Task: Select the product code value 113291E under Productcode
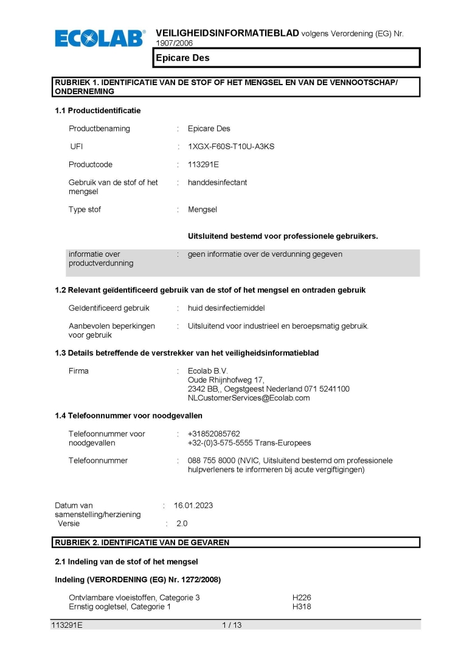click(x=204, y=165)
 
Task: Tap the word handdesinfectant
click(x=217, y=182)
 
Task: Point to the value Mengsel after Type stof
click(x=203, y=210)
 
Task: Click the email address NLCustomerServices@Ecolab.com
click(x=249, y=398)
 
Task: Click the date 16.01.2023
click(x=193, y=506)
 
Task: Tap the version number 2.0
click(x=182, y=523)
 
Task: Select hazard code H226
click(x=302, y=598)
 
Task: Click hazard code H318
click(x=302, y=607)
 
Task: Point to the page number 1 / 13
click(x=232, y=625)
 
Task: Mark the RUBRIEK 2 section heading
click(x=142, y=543)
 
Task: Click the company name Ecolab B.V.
click(x=207, y=371)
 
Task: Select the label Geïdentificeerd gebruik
click(x=109, y=308)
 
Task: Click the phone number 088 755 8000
click(x=212, y=461)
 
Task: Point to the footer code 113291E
click(x=67, y=625)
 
